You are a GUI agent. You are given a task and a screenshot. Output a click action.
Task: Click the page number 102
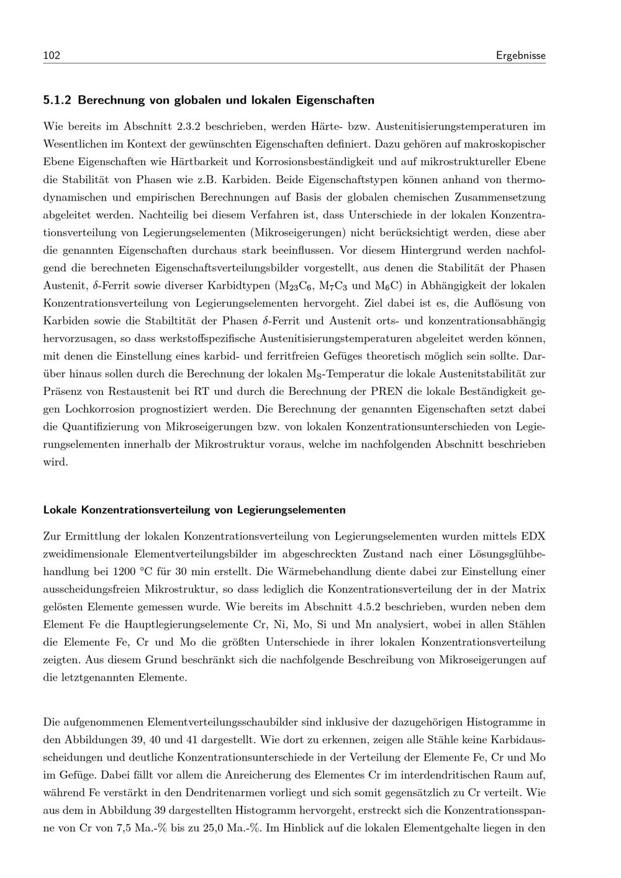51,56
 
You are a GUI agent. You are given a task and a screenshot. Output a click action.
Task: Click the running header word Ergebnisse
520,56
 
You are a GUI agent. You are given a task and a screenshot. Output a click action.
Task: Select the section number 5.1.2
57,99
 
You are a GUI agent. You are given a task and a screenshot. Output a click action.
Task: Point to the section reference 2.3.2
188,127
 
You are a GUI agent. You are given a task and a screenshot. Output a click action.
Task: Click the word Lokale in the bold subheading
60,510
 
